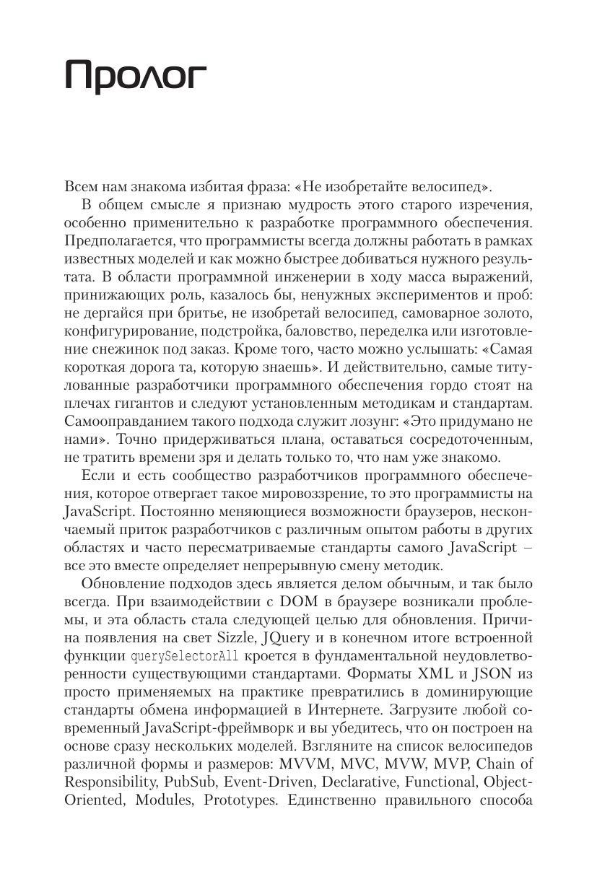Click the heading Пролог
click(136, 76)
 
